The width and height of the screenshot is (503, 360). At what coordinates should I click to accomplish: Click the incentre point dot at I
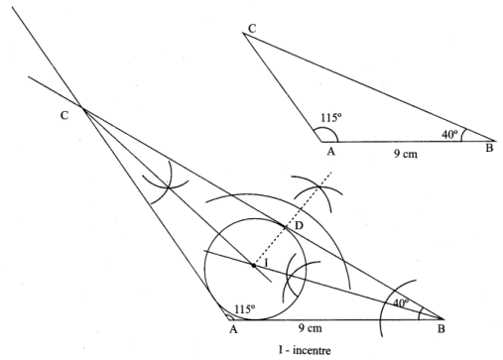tap(254, 265)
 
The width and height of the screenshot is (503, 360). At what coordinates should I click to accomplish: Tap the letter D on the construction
tap(299, 226)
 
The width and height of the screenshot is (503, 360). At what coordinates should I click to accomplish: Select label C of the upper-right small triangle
tap(252, 29)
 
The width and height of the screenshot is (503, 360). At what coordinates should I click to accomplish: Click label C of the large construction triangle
tap(64, 115)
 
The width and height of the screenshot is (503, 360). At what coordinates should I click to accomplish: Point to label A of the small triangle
tap(331, 152)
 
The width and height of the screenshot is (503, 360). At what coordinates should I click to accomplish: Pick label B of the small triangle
tap(489, 148)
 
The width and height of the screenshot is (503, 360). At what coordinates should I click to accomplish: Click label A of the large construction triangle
tap(233, 329)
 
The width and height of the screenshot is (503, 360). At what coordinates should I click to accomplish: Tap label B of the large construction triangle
tap(441, 329)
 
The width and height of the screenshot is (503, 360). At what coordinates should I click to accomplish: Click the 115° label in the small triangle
tap(331, 117)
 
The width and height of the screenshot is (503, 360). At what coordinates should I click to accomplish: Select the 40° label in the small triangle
tap(450, 134)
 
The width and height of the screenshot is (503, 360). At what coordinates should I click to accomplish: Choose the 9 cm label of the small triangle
tap(406, 154)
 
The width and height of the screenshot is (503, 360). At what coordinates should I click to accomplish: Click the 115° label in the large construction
tap(245, 309)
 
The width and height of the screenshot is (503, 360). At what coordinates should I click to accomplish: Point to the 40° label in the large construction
tap(401, 302)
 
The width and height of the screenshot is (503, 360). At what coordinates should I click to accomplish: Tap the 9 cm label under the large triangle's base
tap(310, 328)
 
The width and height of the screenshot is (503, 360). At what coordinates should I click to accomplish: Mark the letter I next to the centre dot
tap(266, 263)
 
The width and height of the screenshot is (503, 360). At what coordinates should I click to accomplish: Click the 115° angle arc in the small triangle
tap(328, 129)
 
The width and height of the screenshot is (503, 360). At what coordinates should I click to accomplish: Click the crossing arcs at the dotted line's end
tap(319, 187)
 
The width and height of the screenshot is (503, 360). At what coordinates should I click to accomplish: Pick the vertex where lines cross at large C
tap(82, 107)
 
